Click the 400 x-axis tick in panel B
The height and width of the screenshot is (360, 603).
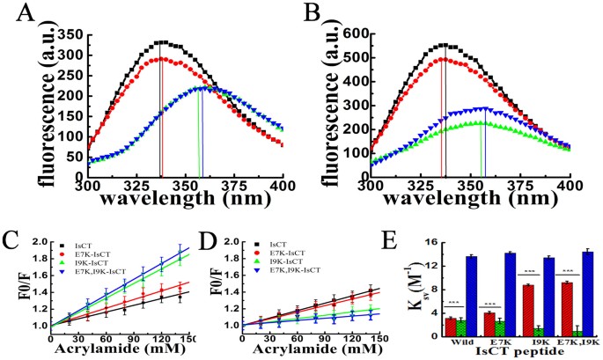[x=570, y=188]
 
